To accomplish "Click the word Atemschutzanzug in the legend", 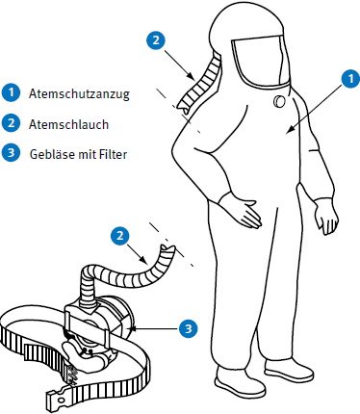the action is (79, 93).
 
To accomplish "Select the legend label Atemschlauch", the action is (68, 124).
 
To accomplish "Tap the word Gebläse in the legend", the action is (51, 154).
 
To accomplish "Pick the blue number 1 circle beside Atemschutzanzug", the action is (11, 92).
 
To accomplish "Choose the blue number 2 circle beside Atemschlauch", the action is (11, 123).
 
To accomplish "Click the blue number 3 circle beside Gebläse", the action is (11, 153).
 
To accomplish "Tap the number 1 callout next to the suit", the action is (350, 78).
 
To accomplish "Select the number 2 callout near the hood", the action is (156, 40).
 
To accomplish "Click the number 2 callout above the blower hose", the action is (119, 236).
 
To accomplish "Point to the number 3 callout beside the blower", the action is (188, 328).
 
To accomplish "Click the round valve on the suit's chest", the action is (279, 102).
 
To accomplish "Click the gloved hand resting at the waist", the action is (243, 212).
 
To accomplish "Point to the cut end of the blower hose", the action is (168, 248).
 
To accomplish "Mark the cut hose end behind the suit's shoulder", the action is (182, 107).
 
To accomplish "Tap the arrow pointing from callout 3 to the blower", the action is (153, 328).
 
